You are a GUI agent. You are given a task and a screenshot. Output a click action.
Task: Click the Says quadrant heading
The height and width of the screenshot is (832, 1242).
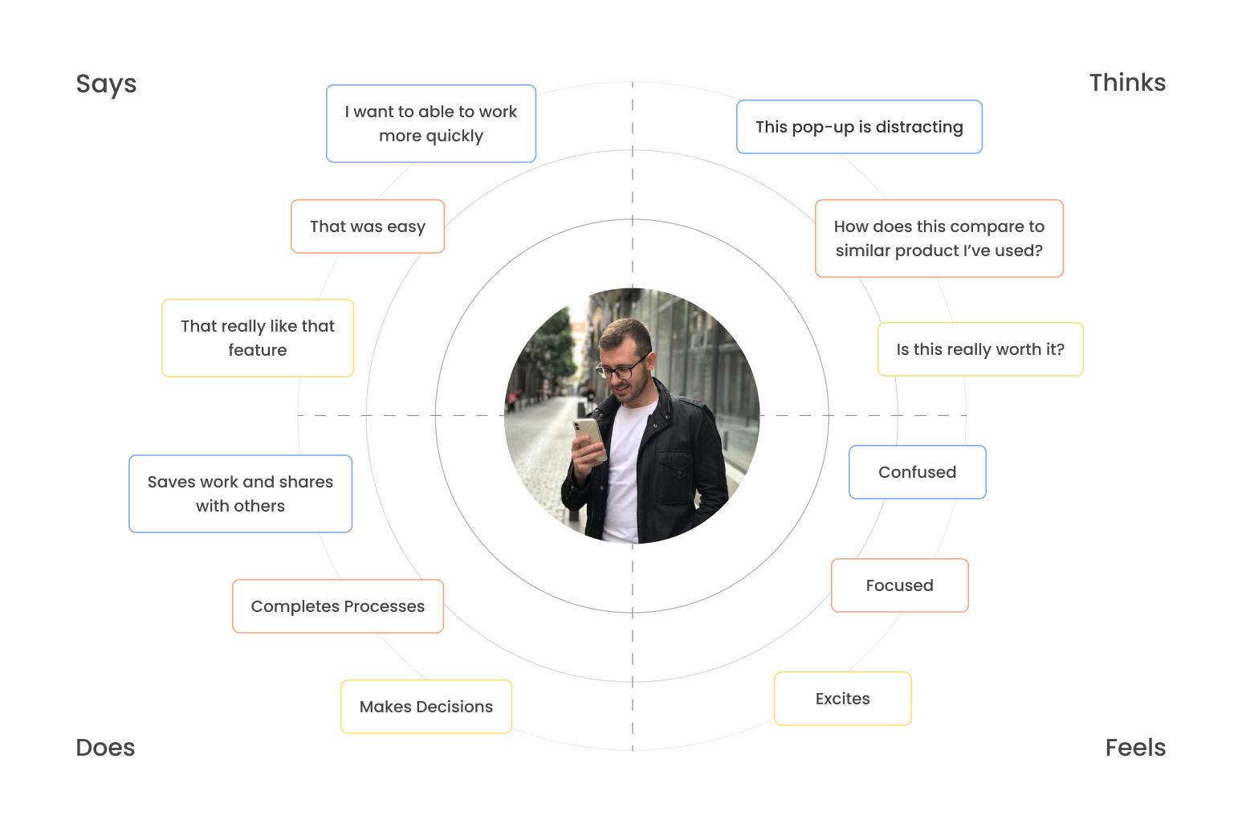(106, 84)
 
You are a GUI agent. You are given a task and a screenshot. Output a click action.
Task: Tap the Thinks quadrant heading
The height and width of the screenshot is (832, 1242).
(1127, 83)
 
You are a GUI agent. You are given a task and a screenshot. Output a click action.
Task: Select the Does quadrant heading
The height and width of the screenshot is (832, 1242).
(105, 747)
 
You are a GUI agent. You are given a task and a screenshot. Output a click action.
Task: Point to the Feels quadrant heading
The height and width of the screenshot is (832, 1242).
(1135, 747)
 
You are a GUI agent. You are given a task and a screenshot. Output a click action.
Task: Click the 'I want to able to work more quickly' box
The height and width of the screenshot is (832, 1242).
(431, 124)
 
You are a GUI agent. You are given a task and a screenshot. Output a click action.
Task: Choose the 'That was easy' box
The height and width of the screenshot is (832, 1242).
(368, 226)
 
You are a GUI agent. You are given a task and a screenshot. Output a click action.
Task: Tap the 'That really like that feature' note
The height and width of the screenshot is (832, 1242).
(257, 338)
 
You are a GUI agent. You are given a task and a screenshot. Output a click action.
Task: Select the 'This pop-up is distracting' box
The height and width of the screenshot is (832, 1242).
(859, 127)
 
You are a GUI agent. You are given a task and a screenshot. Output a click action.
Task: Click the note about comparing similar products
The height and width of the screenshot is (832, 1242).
(939, 239)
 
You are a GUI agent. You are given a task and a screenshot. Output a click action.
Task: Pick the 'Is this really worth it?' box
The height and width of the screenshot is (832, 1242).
(980, 349)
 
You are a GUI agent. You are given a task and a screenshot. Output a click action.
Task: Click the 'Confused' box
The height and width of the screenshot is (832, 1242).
(918, 472)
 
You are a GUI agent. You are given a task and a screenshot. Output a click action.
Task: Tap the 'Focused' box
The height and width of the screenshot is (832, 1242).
(900, 585)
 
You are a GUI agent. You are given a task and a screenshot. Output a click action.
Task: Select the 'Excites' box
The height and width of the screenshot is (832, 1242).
(843, 699)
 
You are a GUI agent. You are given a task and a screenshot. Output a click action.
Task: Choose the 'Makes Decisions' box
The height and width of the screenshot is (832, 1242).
(426, 707)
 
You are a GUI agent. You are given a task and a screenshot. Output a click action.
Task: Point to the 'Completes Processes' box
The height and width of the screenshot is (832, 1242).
(338, 606)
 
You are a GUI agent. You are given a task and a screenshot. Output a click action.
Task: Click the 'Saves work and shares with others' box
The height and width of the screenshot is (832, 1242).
(240, 494)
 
